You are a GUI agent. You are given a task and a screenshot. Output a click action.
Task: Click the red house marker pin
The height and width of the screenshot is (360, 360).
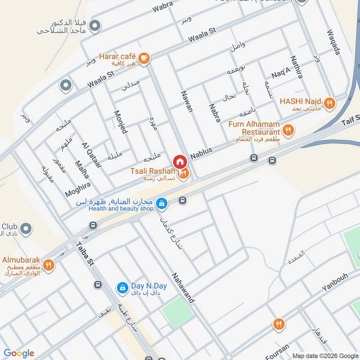tap(179, 161)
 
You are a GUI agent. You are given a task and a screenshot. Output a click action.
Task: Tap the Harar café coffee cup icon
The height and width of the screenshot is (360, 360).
tap(144, 58)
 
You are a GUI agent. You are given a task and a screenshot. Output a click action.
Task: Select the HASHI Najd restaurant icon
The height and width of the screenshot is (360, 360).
tap(330, 103)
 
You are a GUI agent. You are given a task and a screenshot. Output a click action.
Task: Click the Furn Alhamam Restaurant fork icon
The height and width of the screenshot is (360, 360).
tap(288, 130)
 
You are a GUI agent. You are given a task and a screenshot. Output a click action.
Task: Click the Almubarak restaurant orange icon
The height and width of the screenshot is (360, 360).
tap(49, 265)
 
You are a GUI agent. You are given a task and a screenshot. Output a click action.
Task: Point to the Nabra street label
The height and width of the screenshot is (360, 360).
tap(215, 113)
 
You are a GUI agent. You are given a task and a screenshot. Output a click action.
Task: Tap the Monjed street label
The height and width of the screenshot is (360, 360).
tap(121, 122)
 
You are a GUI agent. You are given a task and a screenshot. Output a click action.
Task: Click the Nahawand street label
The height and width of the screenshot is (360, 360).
tap(183, 288)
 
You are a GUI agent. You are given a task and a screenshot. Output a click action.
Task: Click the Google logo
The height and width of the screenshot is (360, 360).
tap(19, 353)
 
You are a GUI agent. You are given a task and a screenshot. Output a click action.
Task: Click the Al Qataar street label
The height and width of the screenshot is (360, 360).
tap(91, 155)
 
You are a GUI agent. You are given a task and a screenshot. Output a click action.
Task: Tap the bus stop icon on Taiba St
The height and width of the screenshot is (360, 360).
tap(98, 284)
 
